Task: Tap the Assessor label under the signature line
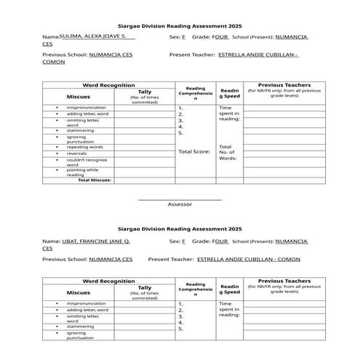tap(180, 204)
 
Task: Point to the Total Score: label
tap(193, 151)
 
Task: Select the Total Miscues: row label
tap(95, 180)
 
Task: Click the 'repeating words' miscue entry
tap(85, 147)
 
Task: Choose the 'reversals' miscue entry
tap(77, 153)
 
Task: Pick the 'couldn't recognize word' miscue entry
tap(87, 161)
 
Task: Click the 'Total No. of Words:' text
tap(228, 152)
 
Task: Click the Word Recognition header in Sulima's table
tap(108, 85)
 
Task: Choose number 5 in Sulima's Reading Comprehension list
tap(180, 133)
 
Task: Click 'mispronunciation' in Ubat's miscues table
tap(87, 303)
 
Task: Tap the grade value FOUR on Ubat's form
tap(220, 240)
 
